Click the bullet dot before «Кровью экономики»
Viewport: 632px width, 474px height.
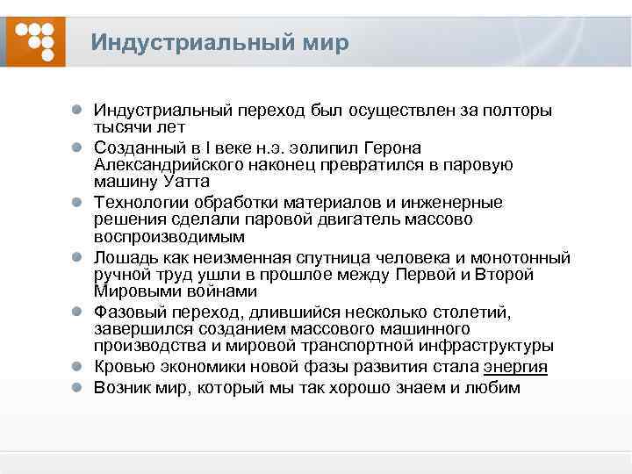point(78,367)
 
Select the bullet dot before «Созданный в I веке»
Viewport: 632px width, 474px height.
point(78,148)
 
